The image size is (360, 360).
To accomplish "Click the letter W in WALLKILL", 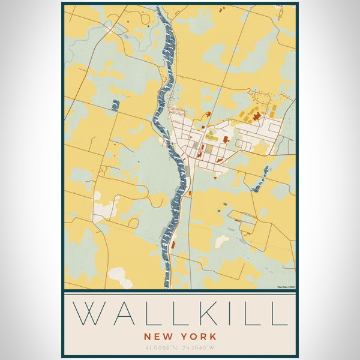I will [89, 313].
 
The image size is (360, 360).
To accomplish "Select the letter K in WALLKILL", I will [208, 313].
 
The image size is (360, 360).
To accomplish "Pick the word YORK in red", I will [197, 337].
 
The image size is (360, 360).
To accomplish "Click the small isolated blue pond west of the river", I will [115, 105].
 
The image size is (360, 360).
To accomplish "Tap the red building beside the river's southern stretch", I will [190, 193].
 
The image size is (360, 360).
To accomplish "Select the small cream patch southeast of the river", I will [221, 241].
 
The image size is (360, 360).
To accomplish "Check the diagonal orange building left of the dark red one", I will [242, 113].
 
